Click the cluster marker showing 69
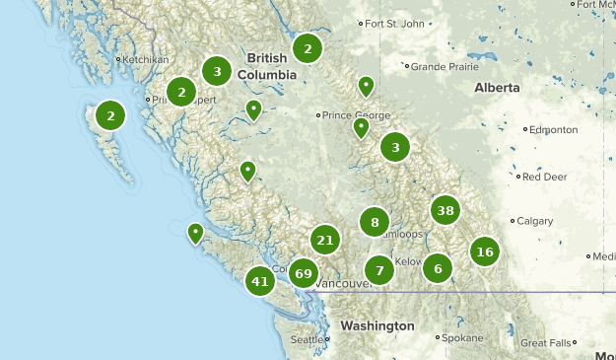[303, 273]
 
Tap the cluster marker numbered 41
[260, 281]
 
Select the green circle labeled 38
[445, 210]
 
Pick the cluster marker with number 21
[325, 239]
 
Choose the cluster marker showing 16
[484, 252]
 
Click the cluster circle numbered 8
[375, 222]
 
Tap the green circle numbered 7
[379, 269]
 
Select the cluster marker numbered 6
[438, 267]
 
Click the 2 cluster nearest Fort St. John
[308, 47]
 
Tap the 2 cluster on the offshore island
[110, 115]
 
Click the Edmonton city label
[553, 129]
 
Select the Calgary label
[535, 221]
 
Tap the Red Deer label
[544, 178]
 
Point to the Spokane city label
[462, 337]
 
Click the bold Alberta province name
[497, 88]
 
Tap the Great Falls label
[545, 343]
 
